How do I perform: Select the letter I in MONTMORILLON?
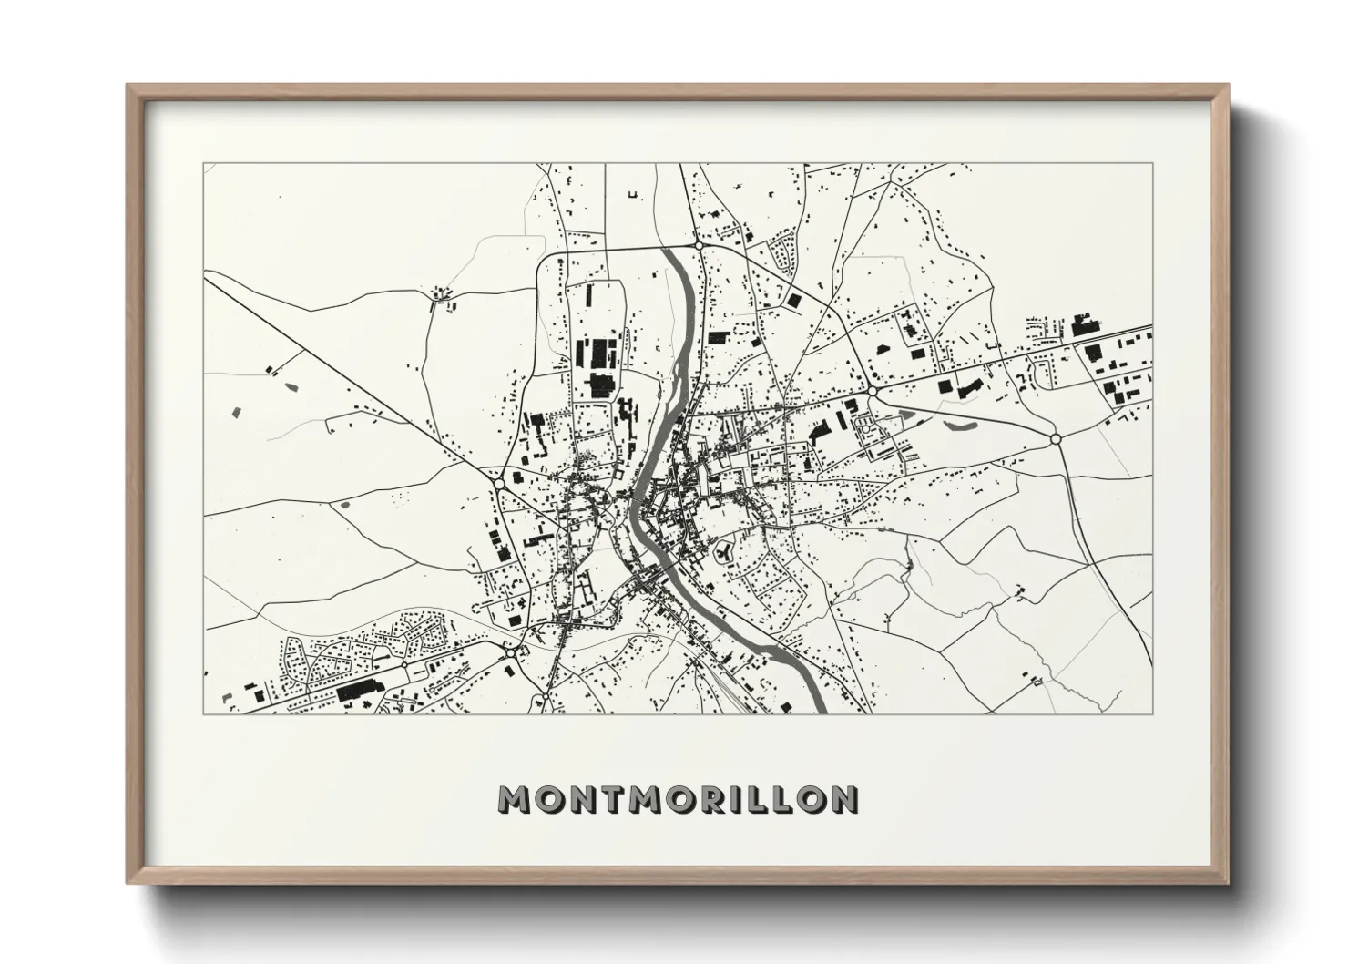tap(736, 799)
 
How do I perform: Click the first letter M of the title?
tap(515, 799)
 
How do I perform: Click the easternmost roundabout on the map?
tap(1056, 438)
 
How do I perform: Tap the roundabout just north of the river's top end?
tap(698, 245)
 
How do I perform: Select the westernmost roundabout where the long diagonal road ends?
tap(500, 480)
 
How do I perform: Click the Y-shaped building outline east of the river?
tap(725, 551)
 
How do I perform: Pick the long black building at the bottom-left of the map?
tap(358, 692)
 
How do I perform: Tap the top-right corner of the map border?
tap(1152, 163)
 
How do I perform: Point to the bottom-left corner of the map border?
tap(203, 713)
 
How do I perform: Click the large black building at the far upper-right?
tap(1083, 323)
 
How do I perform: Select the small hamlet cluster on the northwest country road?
tap(443, 295)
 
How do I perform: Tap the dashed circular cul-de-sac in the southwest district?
tap(295, 652)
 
